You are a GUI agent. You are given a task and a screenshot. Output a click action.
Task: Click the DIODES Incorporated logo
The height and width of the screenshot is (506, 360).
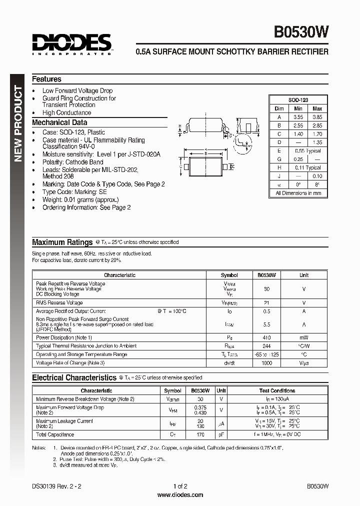click(x=72, y=43)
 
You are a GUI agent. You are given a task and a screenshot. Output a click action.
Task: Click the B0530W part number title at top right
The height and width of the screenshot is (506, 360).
click(x=301, y=32)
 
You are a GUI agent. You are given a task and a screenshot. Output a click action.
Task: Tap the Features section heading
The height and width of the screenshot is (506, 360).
click(x=46, y=79)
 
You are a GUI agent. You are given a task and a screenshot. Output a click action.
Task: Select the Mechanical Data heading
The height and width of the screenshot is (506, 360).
click(x=59, y=122)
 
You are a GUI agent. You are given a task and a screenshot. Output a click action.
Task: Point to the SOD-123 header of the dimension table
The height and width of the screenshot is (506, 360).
click(x=298, y=100)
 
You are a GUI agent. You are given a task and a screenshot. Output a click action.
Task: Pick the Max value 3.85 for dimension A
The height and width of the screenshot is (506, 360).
click(x=317, y=117)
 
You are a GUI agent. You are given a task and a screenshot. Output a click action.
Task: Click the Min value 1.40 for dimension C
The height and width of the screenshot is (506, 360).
click(x=298, y=134)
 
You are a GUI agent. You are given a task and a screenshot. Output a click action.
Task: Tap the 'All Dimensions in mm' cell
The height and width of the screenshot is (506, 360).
click(x=298, y=193)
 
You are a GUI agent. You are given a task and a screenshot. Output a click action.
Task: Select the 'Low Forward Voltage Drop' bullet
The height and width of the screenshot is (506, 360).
click(x=77, y=90)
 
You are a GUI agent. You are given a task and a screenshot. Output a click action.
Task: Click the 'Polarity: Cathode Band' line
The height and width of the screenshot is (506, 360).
click(x=72, y=162)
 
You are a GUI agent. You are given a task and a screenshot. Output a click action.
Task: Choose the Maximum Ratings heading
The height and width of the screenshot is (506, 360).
click(x=62, y=242)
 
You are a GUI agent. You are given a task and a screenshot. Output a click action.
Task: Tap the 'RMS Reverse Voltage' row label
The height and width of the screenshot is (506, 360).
click(x=59, y=303)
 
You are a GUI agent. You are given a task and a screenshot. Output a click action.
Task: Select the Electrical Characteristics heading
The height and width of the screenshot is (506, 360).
click(x=74, y=378)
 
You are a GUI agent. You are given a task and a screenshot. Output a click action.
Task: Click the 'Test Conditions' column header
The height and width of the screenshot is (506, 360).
click(x=277, y=390)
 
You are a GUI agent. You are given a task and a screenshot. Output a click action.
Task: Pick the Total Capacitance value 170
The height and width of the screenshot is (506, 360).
click(x=200, y=434)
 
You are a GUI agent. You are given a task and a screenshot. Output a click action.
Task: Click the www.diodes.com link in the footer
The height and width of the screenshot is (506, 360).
click(x=180, y=495)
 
